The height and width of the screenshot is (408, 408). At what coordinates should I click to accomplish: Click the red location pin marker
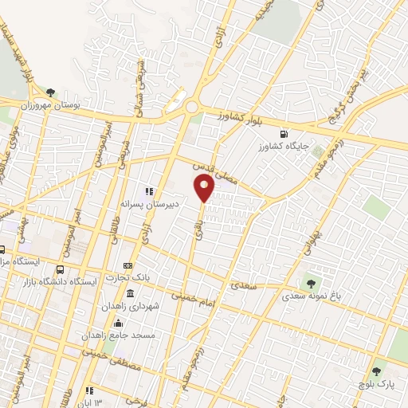(x=205, y=188)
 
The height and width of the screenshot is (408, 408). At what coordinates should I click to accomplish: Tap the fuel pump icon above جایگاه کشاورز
(x=284, y=134)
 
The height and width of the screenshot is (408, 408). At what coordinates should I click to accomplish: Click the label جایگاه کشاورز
(x=284, y=147)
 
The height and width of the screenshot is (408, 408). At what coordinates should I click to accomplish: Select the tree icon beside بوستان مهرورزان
(x=51, y=93)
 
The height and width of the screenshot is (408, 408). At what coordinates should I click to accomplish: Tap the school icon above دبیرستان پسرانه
(x=147, y=190)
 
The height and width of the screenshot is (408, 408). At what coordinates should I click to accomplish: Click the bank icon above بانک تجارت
(x=127, y=265)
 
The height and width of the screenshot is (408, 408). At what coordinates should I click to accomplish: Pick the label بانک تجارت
(x=128, y=277)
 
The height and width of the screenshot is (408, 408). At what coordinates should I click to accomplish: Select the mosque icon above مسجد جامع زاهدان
(x=118, y=322)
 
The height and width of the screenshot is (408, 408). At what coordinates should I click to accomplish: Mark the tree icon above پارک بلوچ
(x=375, y=371)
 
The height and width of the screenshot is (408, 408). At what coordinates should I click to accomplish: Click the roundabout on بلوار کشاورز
(x=191, y=107)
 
